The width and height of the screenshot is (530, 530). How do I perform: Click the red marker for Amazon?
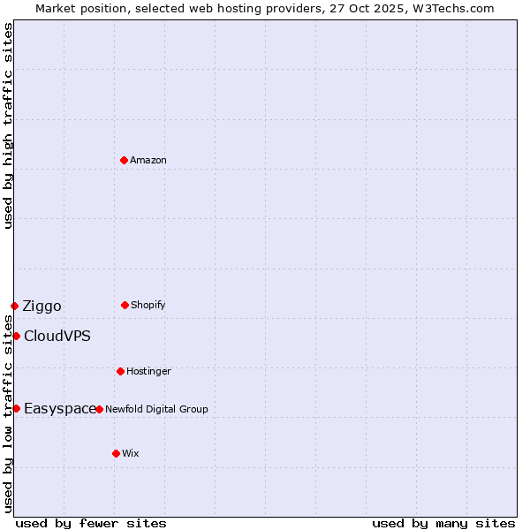[124, 160]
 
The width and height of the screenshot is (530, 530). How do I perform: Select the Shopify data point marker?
[125, 305]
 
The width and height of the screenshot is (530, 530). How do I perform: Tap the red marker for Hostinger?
[120, 371]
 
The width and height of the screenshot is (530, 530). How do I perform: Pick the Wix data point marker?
[116, 453]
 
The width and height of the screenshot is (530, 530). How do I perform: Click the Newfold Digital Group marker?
[99, 409]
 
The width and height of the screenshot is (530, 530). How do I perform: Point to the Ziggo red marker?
[14, 306]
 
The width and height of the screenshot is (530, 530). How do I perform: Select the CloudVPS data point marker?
[16, 336]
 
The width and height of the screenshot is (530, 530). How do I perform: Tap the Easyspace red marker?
[16, 408]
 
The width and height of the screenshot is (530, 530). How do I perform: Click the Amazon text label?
[148, 160]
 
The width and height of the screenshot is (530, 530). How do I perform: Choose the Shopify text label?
[148, 305]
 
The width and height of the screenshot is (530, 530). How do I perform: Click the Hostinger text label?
[148, 371]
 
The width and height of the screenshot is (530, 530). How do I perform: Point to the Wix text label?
[131, 453]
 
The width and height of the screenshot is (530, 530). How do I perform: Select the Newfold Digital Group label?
[156, 409]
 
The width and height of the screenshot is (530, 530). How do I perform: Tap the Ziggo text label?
[42, 307]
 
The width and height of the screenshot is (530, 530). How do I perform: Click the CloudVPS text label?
[57, 336]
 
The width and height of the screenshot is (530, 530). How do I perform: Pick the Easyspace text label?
[59, 408]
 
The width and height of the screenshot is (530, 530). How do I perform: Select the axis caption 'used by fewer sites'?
[91, 523]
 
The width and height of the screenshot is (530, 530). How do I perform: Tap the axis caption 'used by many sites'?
[443, 523]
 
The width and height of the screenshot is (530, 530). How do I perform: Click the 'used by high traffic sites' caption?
[8, 125]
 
